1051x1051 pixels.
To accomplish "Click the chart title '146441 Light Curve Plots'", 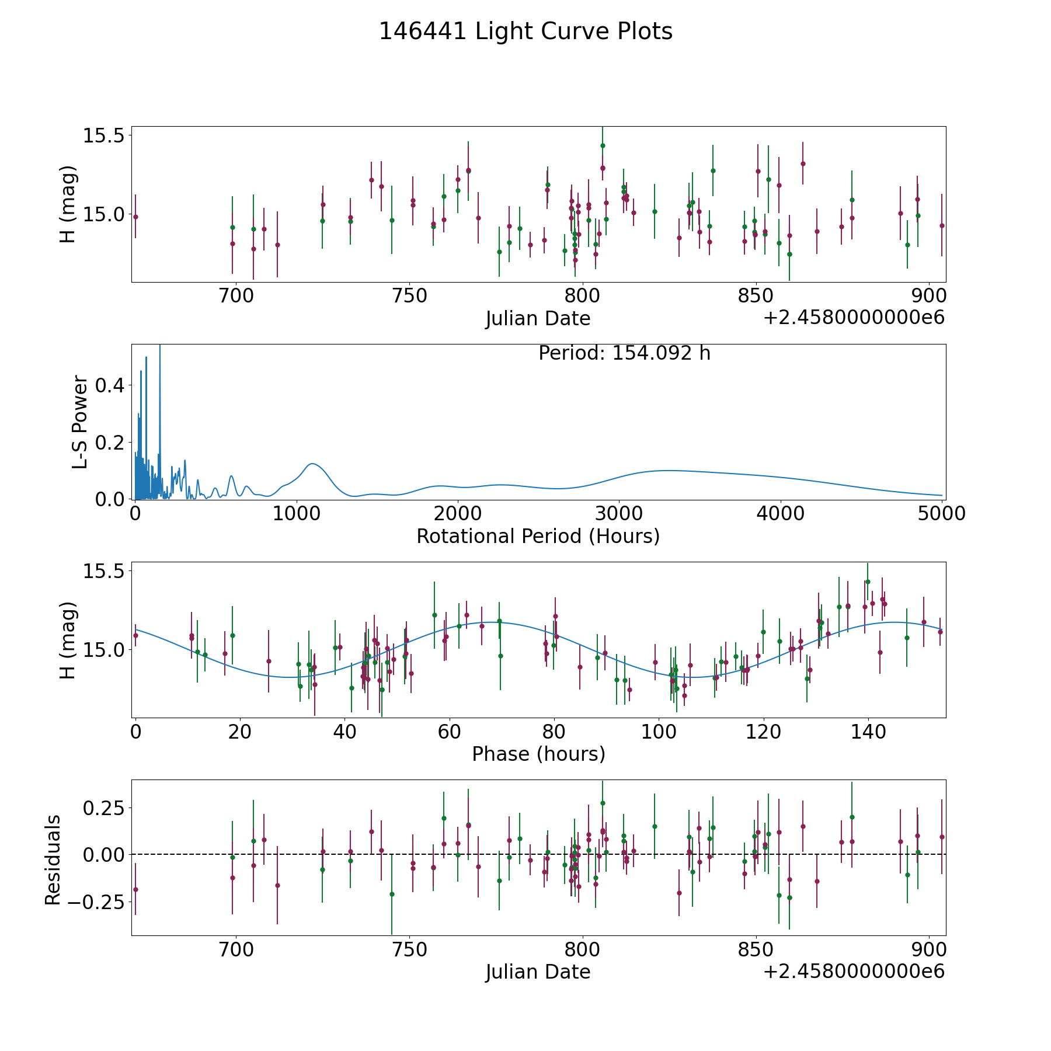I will [x=525, y=32].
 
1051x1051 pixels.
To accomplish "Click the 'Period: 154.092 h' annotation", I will [x=624, y=353].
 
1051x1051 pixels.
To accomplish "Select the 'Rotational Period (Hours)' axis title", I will [x=538, y=536].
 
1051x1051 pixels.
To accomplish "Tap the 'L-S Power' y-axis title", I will [x=81, y=422].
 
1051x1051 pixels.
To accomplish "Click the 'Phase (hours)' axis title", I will [x=538, y=754].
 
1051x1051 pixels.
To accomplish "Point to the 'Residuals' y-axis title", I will [x=53, y=860].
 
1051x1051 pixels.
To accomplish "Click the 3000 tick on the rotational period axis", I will [x=618, y=514].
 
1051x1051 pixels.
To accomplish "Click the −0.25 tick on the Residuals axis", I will [x=93, y=902].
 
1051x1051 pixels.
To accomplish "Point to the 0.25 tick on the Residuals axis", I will [x=102, y=808].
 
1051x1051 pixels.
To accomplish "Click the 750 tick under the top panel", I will [x=409, y=296].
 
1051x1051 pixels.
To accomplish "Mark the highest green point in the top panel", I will [x=603, y=145].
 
